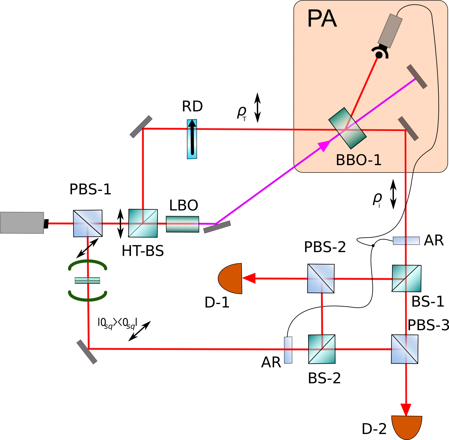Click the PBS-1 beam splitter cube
click(x=88, y=223)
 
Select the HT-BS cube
click(x=143, y=223)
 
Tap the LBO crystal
click(x=182, y=224)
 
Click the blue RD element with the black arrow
click(x=192, y=139)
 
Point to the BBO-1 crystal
click(x=347, y=128)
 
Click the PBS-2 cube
click(x=321, y=278)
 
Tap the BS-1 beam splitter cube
click(x=406, y=278)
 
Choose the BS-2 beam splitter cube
click(x=322, y=349)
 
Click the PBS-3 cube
click(x=404, y=349)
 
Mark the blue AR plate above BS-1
click(x=406, y=240)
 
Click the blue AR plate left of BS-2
click(x=288, y=350)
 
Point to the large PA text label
click(x=322, y=19)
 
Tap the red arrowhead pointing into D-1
click(x=249, y=278)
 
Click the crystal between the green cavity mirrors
click(x=87, y=280)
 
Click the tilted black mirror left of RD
click(x=141, y=127)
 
